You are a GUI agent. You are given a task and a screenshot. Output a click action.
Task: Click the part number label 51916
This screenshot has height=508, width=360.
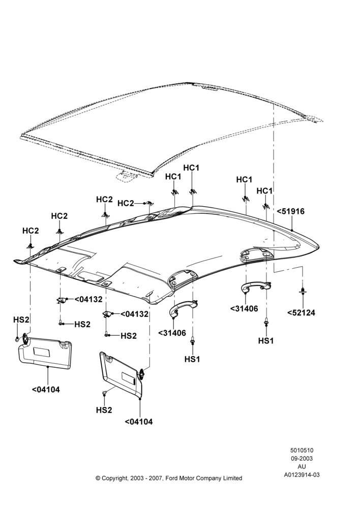click(x=291, y=211)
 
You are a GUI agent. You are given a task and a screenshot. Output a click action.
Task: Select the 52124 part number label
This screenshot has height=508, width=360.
click(x=301, y=313)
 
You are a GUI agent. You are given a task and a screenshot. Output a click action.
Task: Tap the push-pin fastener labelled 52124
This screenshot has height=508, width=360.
click(x=302, y=291)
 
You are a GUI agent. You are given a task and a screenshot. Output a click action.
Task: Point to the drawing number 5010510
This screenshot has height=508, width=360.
click(x=302, y=450)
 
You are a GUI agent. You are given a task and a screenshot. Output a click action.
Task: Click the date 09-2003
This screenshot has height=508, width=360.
click(x=302, y=458)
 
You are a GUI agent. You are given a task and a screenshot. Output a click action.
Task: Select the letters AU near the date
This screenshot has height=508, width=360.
click(x=302, y=466)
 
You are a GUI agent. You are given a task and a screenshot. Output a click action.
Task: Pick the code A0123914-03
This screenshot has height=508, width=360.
click(x=302, y=475)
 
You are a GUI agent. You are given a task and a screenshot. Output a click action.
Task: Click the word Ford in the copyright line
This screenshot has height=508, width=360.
click(x=172, y=478)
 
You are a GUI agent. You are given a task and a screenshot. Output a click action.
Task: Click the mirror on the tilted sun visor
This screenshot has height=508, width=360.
click(x=128, y=378)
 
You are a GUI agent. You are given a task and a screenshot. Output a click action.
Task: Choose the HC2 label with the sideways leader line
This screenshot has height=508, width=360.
click(x=126, y=203)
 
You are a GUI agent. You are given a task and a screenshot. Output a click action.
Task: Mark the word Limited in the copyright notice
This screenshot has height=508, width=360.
click(x=232, y=478)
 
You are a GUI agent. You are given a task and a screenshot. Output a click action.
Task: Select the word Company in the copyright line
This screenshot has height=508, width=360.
click(x=208, y=479)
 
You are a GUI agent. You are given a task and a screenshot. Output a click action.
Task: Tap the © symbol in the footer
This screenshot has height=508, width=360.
click(x=98, y=478)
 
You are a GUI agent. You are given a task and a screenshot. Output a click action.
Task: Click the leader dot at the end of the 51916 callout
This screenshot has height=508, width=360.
click(x=292, y=230)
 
